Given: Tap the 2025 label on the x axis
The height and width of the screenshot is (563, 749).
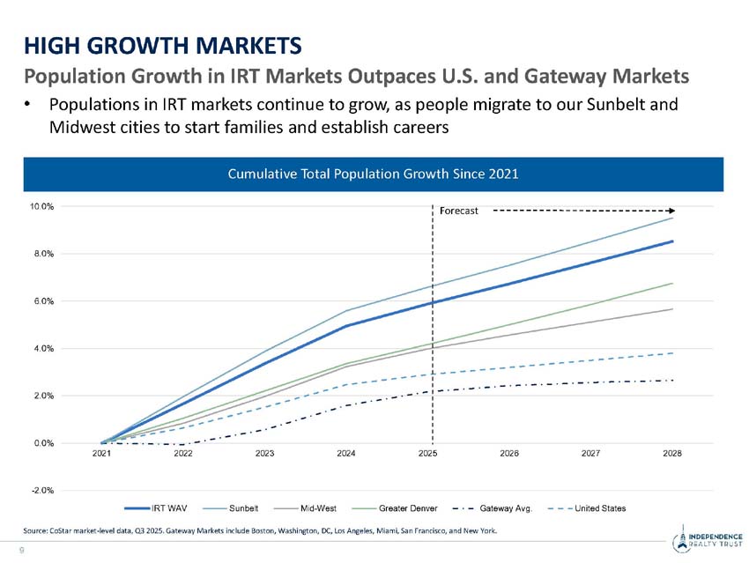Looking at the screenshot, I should click(427, 453).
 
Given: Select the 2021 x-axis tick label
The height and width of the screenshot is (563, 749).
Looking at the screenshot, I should click(101, 453).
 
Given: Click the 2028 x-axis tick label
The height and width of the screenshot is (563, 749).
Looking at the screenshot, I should click(672, 453).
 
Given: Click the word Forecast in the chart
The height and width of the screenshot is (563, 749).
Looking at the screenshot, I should click(458, 211).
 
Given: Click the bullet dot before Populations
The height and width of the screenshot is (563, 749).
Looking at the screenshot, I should click(28, 105).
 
